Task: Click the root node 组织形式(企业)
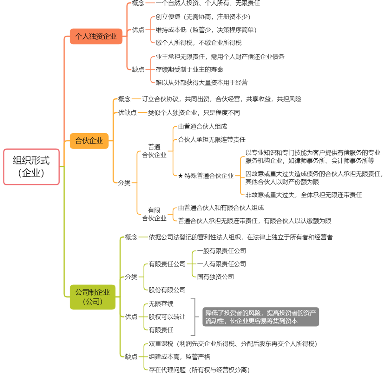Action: click(x=31, y=167)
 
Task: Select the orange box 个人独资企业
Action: click(x=96, y=36)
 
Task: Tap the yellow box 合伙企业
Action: click(x=89, y=141)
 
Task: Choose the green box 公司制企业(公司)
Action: click(x=93, y=297)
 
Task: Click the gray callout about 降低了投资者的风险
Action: click(x=260, y=317)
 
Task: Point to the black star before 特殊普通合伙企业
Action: click(x=181, y=176)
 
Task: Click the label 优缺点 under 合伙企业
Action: click(x=127, y=113)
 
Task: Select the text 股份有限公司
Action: click(x=167, y=290)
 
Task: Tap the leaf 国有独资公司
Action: click(x=215, y=277)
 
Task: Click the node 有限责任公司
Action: click(x=167, y=264)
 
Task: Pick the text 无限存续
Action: click(x=161, y=304)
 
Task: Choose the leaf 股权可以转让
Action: click(x=167, y=317)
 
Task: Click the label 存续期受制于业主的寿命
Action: click(x=189, y=70)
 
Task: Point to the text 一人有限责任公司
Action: click(x=221, y=264)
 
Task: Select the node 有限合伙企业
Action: click(x=154, y=214)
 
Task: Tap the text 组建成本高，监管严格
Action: click(x=180, y=356)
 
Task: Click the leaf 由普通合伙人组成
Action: click(x=203, y=126)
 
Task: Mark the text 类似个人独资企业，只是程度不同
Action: click(x=194, y=113)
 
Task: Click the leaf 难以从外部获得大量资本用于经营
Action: click(x=201, y=83)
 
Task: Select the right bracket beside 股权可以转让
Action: click(x=195, y=317)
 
